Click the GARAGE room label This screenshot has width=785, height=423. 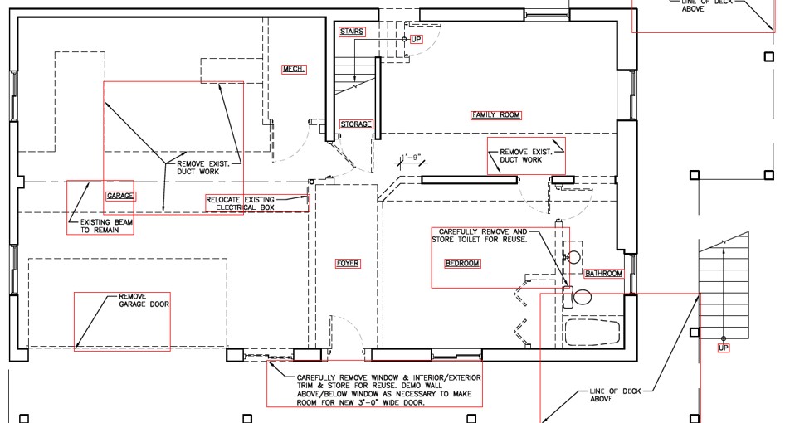[x=120, y=196]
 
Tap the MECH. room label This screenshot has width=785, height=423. [x=294, y=69]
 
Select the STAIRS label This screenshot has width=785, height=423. [x=352, y=32]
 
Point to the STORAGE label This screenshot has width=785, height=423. [x=356, y=124]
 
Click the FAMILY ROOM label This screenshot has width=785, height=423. [x=496, y=115]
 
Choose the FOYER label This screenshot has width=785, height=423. [x=348, y=263]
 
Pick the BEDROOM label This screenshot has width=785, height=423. [x=462, y=263]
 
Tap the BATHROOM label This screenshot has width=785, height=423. [x=604, y=274]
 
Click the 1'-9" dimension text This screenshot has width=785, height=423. [x=412, y=158]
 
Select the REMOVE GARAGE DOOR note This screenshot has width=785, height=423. [x=144, y=300]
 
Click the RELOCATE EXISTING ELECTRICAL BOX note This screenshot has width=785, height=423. [x=241, y=203]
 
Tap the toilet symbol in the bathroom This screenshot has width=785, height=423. [x=578, y=296]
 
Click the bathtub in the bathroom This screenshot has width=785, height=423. [x=592, y=332]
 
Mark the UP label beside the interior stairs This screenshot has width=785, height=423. [x=416, y=40]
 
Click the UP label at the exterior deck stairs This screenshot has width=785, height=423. [x=724, y=348]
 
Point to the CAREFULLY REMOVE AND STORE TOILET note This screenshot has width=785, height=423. [x=480, y=236]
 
